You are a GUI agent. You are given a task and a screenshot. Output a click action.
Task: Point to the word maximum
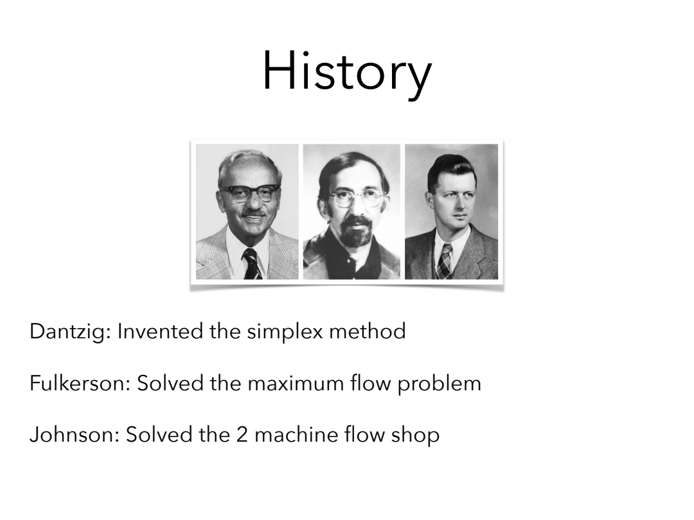coord(296,383)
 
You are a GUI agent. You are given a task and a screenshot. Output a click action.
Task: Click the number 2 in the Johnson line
coord(242,435)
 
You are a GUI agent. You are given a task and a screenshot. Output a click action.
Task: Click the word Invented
coord(160,331)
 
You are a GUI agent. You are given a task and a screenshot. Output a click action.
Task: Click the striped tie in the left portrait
coord(251,264)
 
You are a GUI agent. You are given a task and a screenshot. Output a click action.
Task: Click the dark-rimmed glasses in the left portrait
coord(249,194)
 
